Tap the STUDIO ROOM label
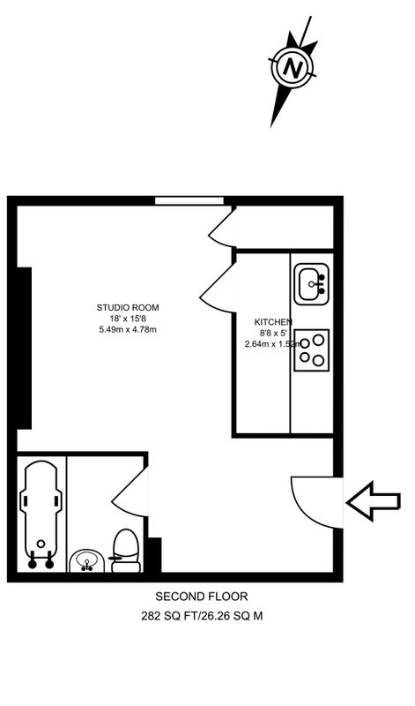tap(128, 308)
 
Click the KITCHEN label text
tap(273, 322)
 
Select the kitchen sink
tap(311, 284)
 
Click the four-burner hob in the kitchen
tap(312, 350)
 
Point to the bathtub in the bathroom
tap(41, 514)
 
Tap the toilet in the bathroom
tap(125, 551)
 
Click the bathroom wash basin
tap(87, 561)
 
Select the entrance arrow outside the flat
tap(374, 500)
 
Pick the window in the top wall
tap(189, 201)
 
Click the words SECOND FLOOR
tap(202, 597)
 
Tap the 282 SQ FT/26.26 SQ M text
tap(202, 616)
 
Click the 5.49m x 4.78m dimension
tap(128, 329)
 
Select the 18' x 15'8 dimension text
tap(128, 319)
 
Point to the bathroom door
tap(130, 491)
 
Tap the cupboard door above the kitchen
tap(223, 228)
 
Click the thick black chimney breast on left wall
tap(25, 348)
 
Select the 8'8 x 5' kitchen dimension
tap(273, 334)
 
